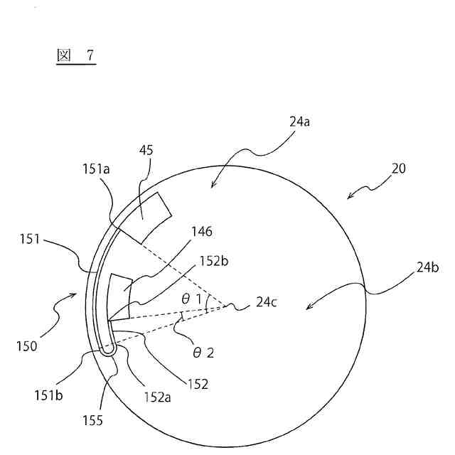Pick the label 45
pos(146,150)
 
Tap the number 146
pos(202,231)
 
